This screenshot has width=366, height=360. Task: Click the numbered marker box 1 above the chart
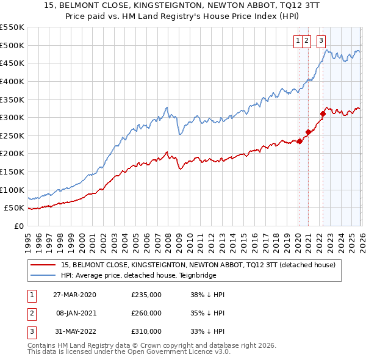tap(298, 41)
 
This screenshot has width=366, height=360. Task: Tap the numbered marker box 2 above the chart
tap(307, 41)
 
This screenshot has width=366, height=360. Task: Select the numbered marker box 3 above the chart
tap(321, 41)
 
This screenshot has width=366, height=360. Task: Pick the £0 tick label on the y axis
tap(18, 226)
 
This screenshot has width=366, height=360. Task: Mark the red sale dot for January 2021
tap(308, 132)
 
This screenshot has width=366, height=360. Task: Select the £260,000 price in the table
tap(146, 313)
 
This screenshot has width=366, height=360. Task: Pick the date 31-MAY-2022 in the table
tap(74, 331)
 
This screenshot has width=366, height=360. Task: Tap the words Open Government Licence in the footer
tap(184, 352)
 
